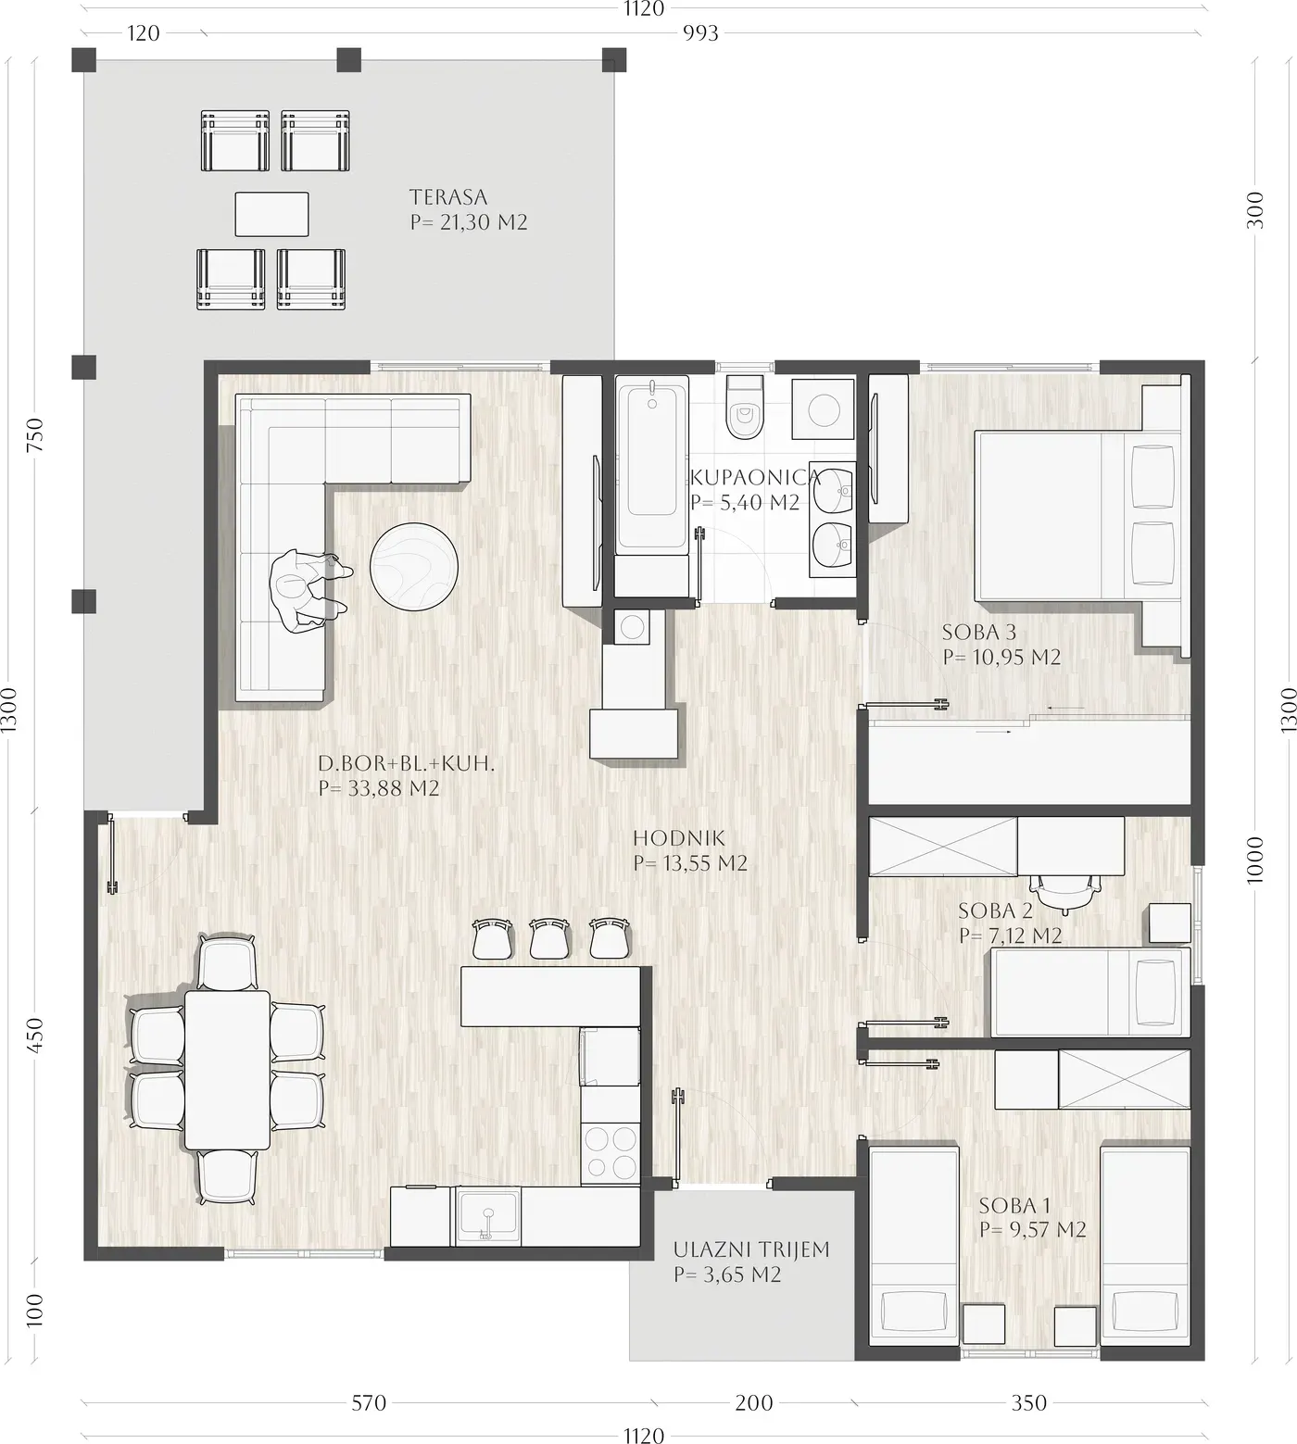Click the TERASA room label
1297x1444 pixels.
(448, 197)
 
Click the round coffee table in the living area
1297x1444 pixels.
(413, 567)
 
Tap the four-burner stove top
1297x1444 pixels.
(610, 1151)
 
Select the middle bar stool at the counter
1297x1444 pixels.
(549, 938)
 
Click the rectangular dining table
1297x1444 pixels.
(227, 1070)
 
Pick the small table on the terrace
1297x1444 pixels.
(271, 214)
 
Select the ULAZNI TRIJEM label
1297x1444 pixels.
(751, 1249)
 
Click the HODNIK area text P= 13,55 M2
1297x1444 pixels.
(690, 863)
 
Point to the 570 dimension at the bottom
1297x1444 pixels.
(369, 1402)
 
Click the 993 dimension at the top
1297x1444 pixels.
(700, 33)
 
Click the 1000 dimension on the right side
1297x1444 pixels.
(1255, 860)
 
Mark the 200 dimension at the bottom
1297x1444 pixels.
(754, 1402)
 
